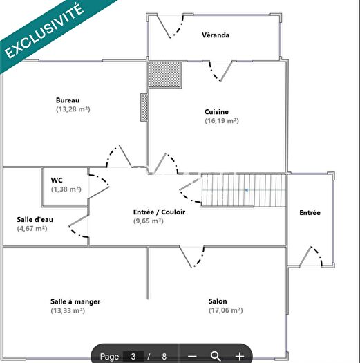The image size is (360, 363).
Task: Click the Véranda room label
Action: pos(216,35)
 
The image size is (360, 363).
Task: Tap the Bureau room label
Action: pos(68,100)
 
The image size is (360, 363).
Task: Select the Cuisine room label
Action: pos(216,112)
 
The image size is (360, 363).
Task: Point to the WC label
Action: pos(57,180)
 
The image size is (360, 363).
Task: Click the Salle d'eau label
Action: pos(35,220)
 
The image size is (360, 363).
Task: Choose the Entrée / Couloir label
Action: pos(159,212)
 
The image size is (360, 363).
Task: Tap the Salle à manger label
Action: pos(75,301)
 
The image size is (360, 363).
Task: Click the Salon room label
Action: pos(218,301)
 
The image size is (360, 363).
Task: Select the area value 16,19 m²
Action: pos(221,121)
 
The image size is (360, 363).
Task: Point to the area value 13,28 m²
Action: pos(73,109)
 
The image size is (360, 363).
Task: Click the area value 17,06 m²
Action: pos(225,310)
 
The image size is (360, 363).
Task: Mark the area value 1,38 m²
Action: pos(66,189)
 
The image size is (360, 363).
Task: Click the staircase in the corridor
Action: pos(243,190)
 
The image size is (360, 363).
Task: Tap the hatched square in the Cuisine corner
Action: pos(164,73)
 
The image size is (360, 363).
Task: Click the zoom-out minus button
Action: pos(192,356)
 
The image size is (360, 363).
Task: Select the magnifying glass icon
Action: pos(216,356)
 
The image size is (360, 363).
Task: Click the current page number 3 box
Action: pos(132,356)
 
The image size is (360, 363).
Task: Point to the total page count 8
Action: pos(164,356)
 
